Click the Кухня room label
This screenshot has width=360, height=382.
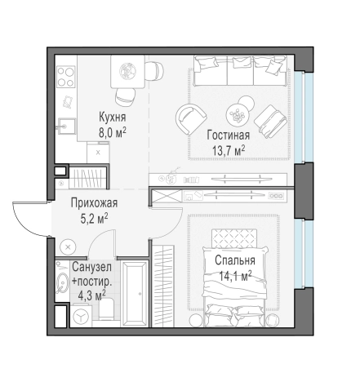tap(112, 117)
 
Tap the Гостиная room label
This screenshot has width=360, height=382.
tap(228, 135)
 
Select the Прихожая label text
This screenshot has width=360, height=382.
tap(94, 203)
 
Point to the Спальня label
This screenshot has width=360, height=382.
tap(235, 260)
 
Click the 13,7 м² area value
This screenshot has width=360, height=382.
tap(229, 150)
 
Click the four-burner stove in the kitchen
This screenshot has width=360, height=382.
tap(65, 77)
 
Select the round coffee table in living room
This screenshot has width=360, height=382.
tap(238, 114)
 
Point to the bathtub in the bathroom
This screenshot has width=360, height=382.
tap(135, 293)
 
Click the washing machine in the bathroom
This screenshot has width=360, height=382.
tap(81, 316)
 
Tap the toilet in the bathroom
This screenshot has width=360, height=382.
tap(105, 309)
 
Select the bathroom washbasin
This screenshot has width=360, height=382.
tap(63, 282)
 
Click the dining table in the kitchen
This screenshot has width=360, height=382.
tap(127, 71)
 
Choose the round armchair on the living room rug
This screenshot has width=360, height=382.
tap(191, 119)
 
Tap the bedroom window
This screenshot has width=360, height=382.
tap(303, 254)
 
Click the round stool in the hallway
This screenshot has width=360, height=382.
tap(68, 247)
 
